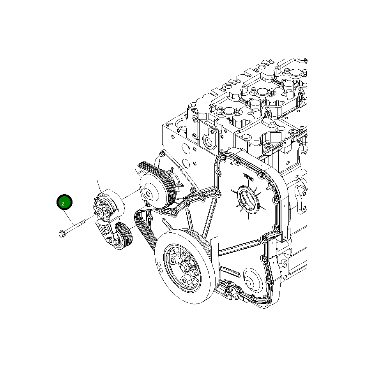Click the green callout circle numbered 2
tap(64, 202)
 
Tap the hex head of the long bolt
tap(62, 234)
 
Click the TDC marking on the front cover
tap(249, 177)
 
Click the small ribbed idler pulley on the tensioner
tap(124, 236)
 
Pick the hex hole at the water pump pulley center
tap(148, 194)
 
